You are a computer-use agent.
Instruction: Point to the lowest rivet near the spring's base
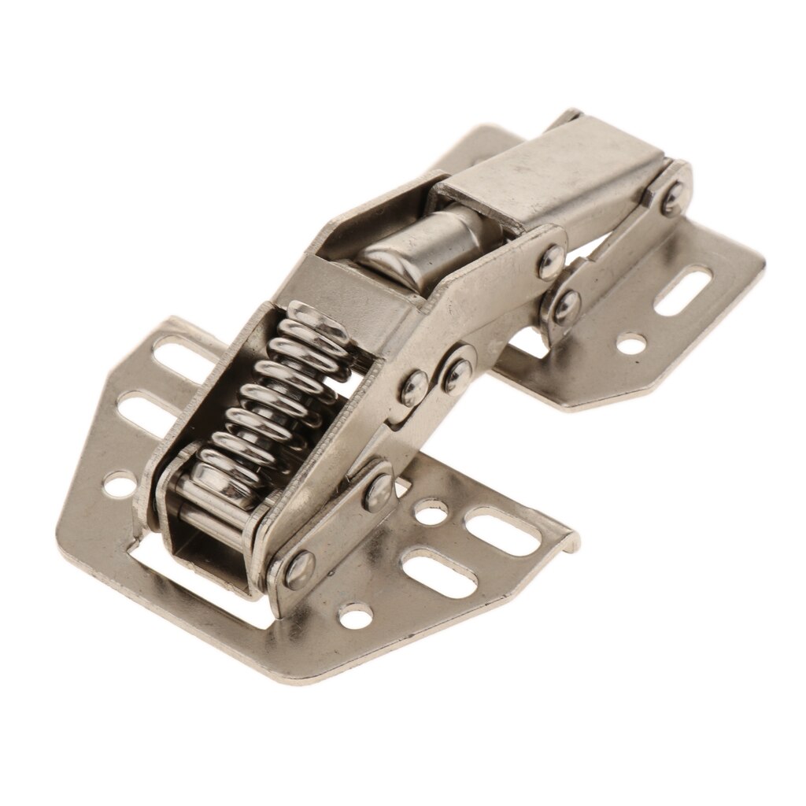(x=299, y=569)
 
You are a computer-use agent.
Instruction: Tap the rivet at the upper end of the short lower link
(x=379, y=490)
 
